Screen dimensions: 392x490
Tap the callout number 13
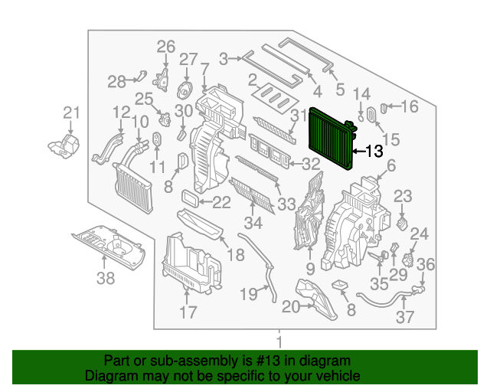coord(373,152)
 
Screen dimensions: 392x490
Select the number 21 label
coord(71,113)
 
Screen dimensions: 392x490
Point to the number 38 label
coord(105,279)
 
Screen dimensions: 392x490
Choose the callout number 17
coord(188,312)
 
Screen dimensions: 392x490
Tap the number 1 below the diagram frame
coord(279,341)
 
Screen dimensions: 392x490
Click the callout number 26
coord(166,47)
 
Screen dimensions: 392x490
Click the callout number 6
coord(390,165)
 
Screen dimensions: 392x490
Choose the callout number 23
coord(403,197)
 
